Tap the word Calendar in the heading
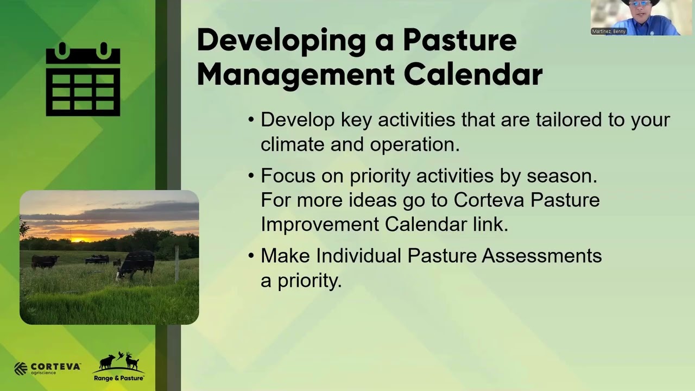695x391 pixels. [473, 74]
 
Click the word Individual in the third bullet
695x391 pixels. [359, 255]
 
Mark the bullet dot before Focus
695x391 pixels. [251, 176]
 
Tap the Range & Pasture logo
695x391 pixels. [119, 367]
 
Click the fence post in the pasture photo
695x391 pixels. [176, 263]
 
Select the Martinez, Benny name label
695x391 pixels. [609, 31]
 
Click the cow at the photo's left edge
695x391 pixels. [45, 262]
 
